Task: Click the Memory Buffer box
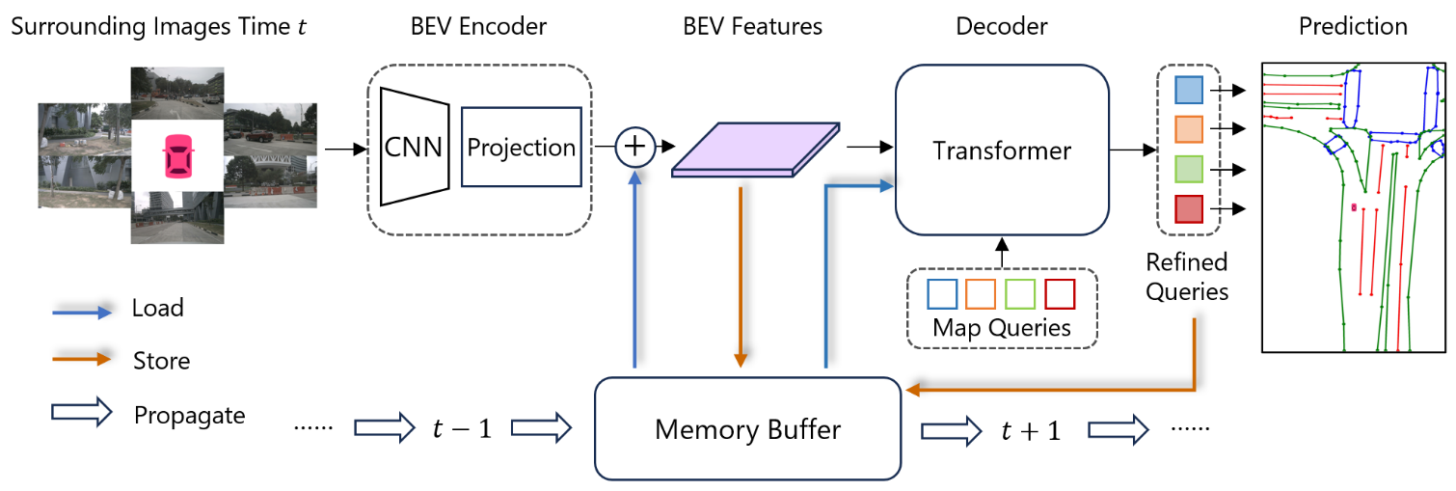(748, 428)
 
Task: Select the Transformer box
(1002, 150)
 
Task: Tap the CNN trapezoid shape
(413, 147)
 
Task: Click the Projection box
(522, 147)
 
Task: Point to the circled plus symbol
(634, 147)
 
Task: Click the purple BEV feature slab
(755, 150)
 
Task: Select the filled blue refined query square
(1188, 91)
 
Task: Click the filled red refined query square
(1188, 208)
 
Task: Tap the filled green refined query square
(1188, 169)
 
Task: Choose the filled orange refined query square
(1188, 129)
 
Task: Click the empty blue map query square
(942, 293)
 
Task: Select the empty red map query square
(1060, 293)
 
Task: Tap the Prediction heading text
(1353, 26)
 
